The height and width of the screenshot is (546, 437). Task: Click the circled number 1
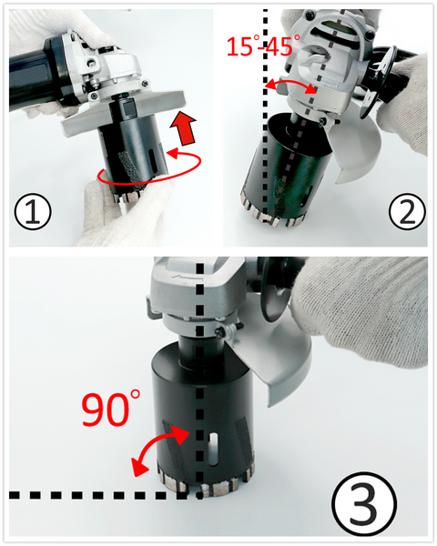click(33, 211)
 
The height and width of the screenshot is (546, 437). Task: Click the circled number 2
click(407, 211)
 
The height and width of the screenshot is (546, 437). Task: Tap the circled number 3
click(363, 504)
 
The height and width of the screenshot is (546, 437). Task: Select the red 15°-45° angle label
click(263, 46)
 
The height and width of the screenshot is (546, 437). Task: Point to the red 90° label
click(111, 408)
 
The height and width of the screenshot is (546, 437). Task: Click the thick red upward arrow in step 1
click(183, 127)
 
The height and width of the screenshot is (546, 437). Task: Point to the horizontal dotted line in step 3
click(105, 494)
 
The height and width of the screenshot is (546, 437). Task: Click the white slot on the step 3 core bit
click(213, 450)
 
